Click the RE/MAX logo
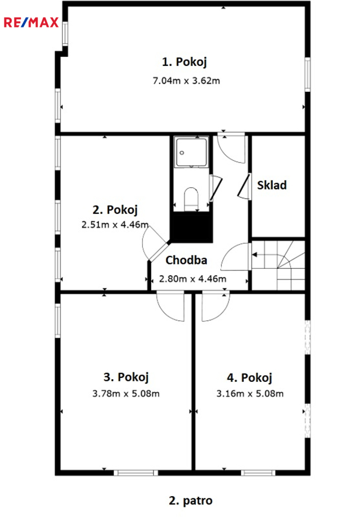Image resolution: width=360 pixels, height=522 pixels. pyautogui.click(x=31, y=22)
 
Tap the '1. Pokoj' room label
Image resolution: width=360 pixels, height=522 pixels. pyautogui.click(x=184, y=62)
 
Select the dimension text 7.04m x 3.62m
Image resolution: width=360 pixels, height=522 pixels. pyautogui.click(x=186, y=80)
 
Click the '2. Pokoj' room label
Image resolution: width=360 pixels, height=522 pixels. pyautogui.click(x=115, y=210)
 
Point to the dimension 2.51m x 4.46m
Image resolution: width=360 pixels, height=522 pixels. pyautogui.click(x=115, y=224)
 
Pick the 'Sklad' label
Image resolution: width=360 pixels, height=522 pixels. pyautogui.click(x=272, y=185)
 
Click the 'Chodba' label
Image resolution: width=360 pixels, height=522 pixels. pyautogui.click(x=186, y=260)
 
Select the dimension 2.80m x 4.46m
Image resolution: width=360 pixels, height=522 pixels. pyautogui.click(x=192, y=278)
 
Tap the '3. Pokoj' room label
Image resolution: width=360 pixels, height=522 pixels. pyautogui.click(x=126, y=377)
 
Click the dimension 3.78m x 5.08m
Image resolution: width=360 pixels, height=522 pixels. pyautogui.click(x=126, y=394)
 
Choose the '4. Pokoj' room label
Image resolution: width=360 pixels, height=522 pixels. pyautogui.click(x=249, y=378)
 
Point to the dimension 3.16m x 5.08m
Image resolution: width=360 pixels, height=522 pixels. pyautogui.click(x=250, y=394)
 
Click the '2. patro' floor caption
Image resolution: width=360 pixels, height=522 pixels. pyautogui.click(x=191, y=501)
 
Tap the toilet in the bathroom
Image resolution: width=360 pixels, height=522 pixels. pyautogui.click(x=191, y=199)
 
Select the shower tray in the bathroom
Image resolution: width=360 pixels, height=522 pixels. pyautogui.click(x=191, y=152)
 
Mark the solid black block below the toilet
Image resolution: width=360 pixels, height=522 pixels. pyautogui.click(x=191, y=227)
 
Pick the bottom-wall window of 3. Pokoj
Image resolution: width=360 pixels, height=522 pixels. pyautogui.click(x=136, y=472)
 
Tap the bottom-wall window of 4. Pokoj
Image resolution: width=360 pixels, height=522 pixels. pyautogui.click(x=258, y=472)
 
